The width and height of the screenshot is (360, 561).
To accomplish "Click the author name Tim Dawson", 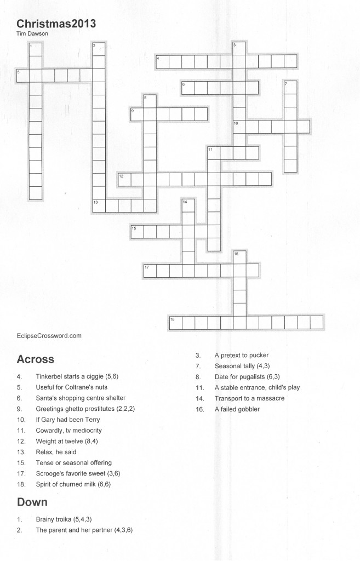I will click(32, 33).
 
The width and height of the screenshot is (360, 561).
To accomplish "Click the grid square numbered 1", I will click(36, 49).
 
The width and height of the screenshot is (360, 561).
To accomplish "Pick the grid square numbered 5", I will click(22, 75).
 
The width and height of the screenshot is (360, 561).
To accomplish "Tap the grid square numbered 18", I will click(175, 322).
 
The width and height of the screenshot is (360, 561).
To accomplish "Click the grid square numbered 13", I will click(99, 205).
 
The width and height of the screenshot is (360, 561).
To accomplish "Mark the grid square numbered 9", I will click(136, 114).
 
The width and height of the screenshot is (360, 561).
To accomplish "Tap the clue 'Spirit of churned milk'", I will click(77, 484).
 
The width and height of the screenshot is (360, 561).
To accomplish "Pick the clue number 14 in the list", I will click(199, 398).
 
